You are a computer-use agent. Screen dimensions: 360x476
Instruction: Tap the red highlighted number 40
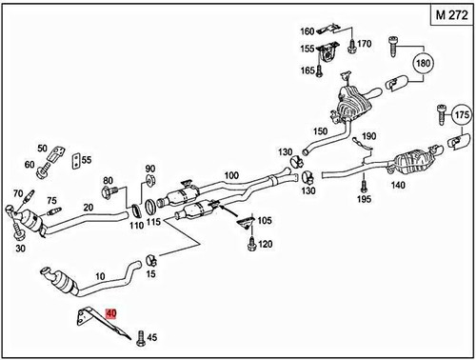111,312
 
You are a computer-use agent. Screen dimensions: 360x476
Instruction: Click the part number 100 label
230,175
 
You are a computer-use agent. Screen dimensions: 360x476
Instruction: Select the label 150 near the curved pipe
320,130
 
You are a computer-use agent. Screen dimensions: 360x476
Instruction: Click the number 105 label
264,221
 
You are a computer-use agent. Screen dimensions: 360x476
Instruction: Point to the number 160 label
307,30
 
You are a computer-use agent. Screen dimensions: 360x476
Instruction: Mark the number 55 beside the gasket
86,160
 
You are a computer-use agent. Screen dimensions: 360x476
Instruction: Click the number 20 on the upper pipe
89,208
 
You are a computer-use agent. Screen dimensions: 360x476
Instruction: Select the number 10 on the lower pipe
101,276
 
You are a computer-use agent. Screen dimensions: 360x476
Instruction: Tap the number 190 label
369,136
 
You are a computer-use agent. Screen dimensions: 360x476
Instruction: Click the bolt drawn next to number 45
139,334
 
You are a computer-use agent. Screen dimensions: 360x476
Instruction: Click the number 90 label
149,170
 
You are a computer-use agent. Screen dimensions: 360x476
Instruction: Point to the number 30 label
21,248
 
